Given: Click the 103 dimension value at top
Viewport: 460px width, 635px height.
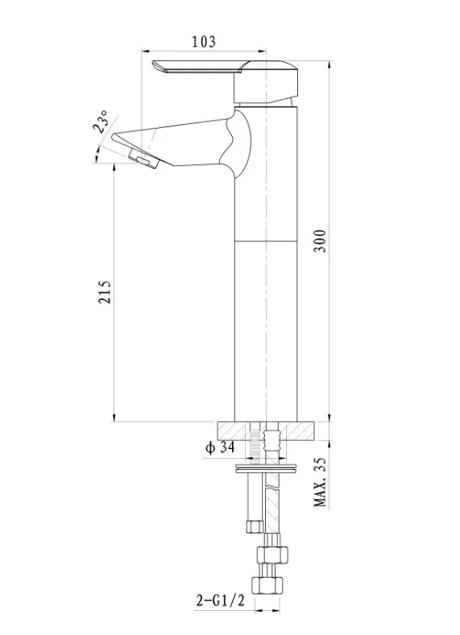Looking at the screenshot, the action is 204,41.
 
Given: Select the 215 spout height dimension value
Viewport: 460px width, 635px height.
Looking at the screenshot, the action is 105,291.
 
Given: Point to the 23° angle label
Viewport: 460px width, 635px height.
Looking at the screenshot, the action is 101,122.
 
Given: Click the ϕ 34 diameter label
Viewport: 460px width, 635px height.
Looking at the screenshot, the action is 220,448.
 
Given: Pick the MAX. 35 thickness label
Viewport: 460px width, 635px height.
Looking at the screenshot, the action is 320,482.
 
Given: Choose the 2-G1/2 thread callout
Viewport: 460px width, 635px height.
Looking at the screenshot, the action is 221,600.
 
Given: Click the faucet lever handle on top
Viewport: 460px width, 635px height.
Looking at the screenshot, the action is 226,81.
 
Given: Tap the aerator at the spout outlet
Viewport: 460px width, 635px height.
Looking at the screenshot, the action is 143,160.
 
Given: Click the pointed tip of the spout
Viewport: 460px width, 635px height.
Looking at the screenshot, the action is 113,137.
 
